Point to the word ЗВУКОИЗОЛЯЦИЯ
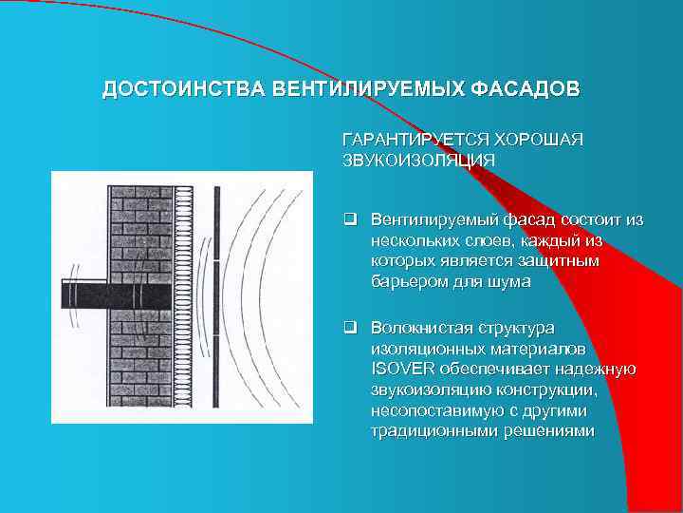click(x=418, y=160)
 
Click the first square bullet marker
click(x=349, y=220)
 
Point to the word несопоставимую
click(x=432, y=410)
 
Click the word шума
click(x=512, y=282)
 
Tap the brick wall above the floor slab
click(x=140, y=228)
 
